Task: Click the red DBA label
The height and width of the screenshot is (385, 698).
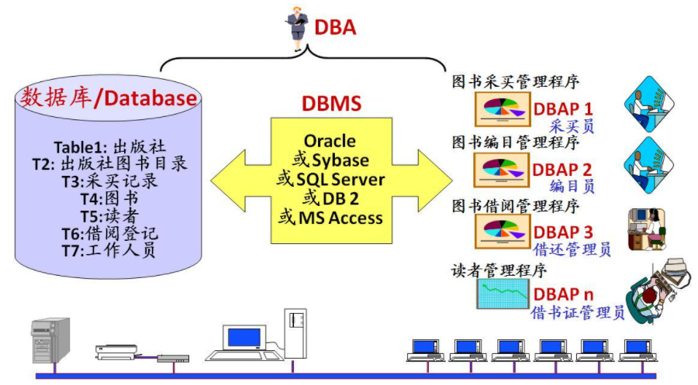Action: (335, 27)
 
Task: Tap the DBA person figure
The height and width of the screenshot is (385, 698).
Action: (297, 29)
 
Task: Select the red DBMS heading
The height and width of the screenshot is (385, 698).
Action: (332, 103)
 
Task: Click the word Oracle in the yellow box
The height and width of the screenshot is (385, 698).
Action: (330, 141)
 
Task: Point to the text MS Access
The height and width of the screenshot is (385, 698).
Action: (340, 218)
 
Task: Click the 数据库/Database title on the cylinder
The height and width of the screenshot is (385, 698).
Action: (108, 98)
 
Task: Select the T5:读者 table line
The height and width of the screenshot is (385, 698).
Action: (109, 216)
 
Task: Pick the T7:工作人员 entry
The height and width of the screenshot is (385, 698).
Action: (109, 250)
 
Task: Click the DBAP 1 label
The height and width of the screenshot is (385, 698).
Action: (563, 109)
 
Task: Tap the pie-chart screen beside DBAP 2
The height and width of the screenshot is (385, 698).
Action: (502, 170)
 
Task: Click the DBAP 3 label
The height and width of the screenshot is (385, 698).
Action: (563, 232)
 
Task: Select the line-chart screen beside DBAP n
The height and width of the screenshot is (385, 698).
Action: (503, 294)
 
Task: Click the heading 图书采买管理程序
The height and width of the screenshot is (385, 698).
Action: (516, 82)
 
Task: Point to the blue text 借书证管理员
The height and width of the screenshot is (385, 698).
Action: (578, 312)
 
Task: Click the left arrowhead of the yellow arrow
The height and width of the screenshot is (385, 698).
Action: (227, 180)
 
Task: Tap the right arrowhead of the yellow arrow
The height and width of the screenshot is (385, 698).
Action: (435, 180)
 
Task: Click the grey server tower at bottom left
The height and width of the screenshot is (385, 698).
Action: (50, 340)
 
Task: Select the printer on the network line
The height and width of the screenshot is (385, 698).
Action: (116, 352)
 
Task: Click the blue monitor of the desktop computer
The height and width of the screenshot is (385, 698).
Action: (244, 338)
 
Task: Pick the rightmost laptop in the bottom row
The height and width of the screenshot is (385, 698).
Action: (639, 350)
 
